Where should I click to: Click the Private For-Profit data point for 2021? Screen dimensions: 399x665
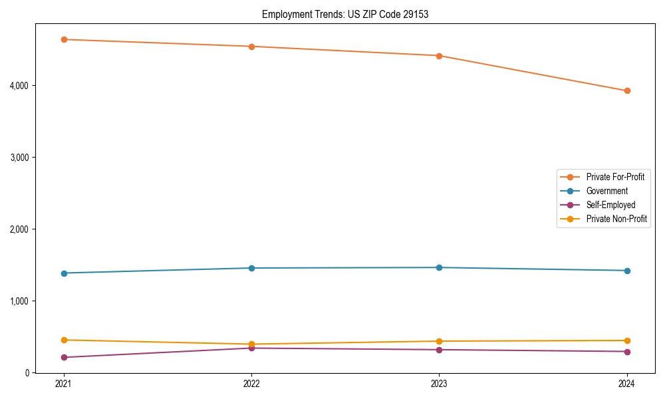pyautogui.click(x=64, y=39)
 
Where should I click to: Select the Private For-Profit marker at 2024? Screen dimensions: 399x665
pyautogui.click(x=627, y=90)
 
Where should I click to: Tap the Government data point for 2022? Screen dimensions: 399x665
pyautogui.click(x=251, y=268)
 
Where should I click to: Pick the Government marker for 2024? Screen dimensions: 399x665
pyautogui.click(x=627, y=271)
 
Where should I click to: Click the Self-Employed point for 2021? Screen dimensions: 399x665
pyautogui.click(x=64, y=357)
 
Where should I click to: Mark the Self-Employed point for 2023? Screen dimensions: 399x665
pyautogui.click(x=439, y=350)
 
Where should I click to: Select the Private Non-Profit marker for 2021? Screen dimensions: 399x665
pyautogui.click(x=64, y=340)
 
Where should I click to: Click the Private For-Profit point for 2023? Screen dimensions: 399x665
pyautogui.click(x=439, y=56)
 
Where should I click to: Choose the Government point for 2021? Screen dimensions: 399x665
pyautogui.click(x=64, y=273)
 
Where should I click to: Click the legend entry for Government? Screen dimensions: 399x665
pyautogui.click(x=606, y=191)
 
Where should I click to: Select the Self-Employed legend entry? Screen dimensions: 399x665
pyautogui.click(x=610, y=205)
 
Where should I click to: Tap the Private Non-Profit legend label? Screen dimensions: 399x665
pyautogui.click(x=616, y=219)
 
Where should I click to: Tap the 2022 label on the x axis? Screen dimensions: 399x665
pyautogui.click(x=251, y=384)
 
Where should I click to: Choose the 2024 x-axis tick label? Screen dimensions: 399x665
pyautogui.click(x=627, y=384)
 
